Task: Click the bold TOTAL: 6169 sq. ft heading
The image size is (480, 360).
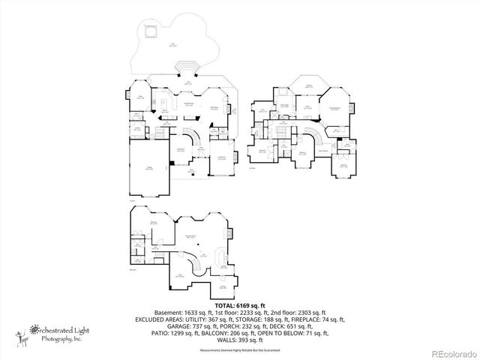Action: pyautogui.click(x=239, y=305)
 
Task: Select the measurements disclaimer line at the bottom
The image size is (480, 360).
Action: pyautogui.click(x=239, y=350)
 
